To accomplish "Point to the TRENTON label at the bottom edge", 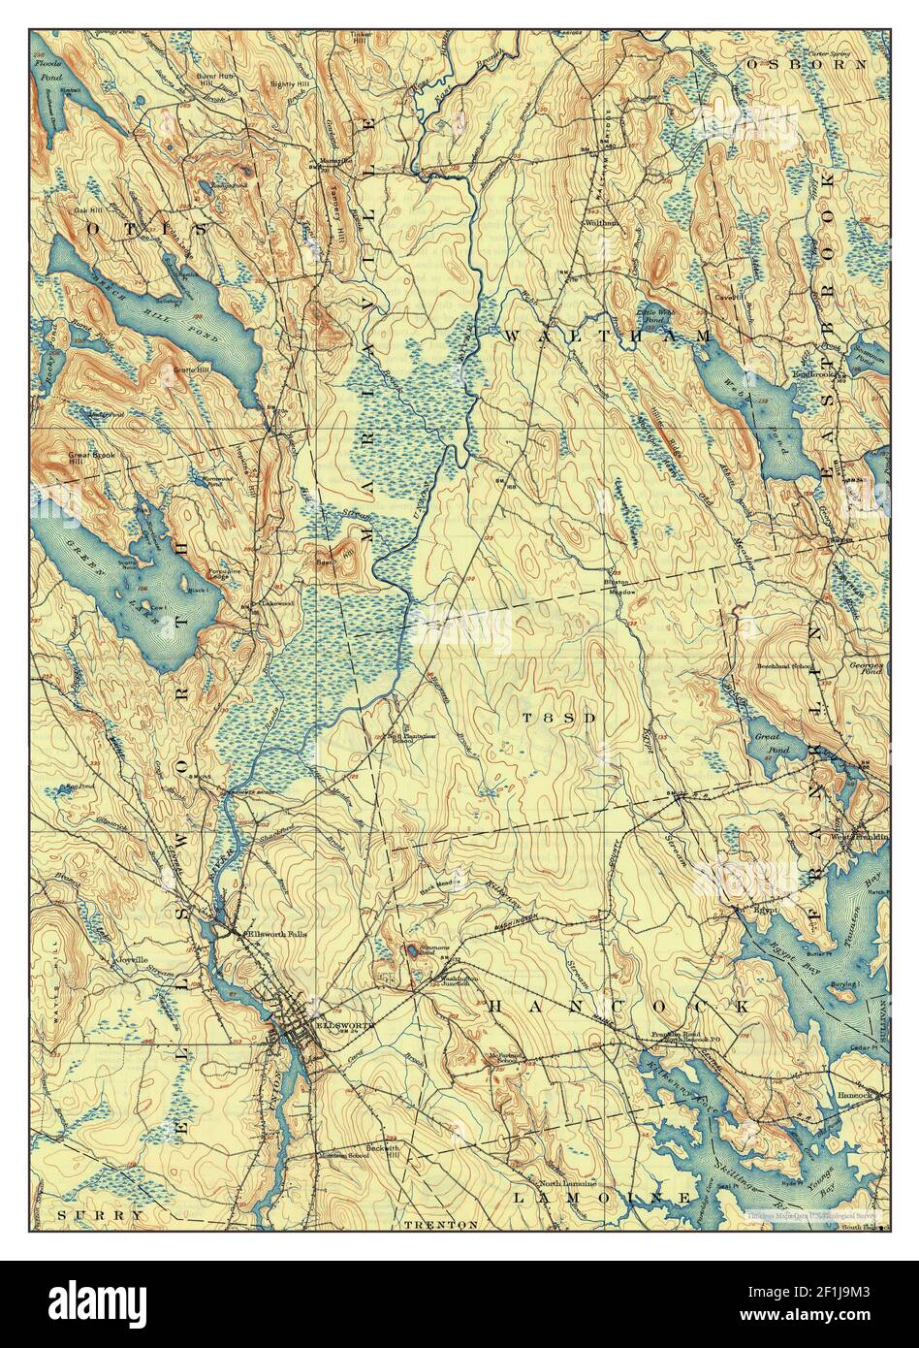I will tap(441, 1224).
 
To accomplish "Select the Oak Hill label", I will tap(86, 209).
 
